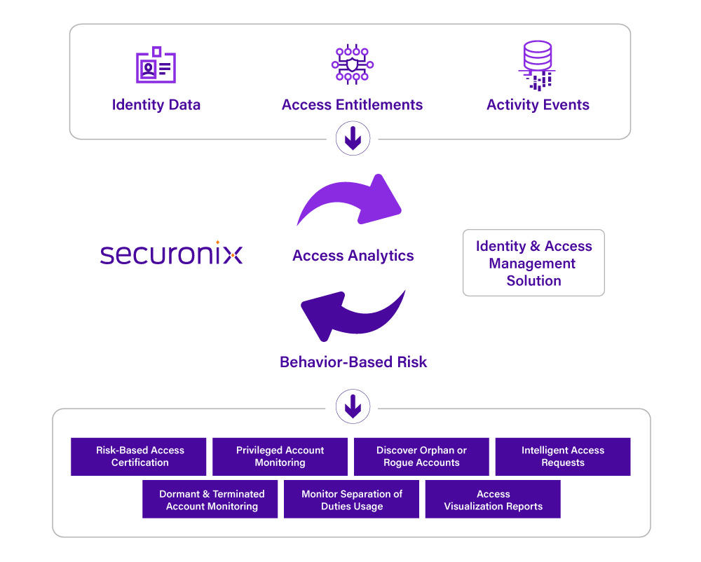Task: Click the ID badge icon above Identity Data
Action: pos(156,64)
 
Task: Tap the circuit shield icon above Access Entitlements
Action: pos(353,64)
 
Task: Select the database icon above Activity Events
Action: pos(538,65)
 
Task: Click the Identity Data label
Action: pos(156,104)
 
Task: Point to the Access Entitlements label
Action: pos(353,104)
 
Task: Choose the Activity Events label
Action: pos(538,104)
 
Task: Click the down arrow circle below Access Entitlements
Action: pos(353,138)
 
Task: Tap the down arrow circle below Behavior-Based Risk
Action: pos(353,406)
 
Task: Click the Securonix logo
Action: pos(171,253)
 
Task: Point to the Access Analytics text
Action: pos(353,256)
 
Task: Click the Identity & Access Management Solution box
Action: pos(533,263)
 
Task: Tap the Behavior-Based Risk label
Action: pos(353,362)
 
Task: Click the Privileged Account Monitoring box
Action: pos(280,457)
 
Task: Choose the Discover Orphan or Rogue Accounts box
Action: pos(421,457)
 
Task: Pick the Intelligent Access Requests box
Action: pos(563,457)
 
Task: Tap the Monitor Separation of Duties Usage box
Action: pos(351,499)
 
